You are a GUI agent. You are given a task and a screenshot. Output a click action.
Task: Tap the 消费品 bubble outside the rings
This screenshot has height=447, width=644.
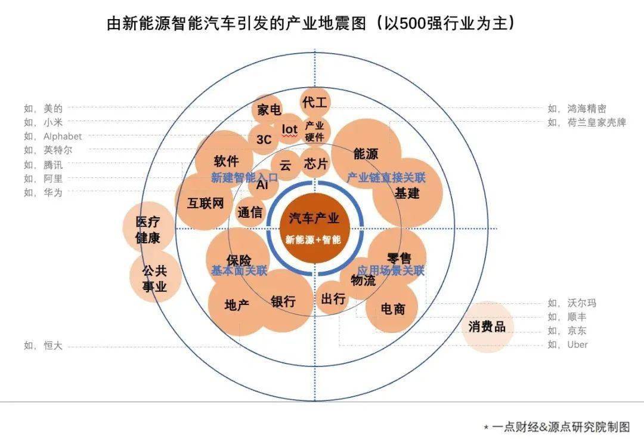click(487, 326)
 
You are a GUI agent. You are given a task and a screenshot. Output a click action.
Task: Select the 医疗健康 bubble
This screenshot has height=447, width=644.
click(148, 230)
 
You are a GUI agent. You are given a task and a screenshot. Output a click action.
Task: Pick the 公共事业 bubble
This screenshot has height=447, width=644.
click(154, 278)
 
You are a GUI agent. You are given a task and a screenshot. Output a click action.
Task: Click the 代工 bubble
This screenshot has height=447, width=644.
click(314, 102)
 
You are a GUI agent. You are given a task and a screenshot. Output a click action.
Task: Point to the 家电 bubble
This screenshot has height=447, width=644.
click(269, 110)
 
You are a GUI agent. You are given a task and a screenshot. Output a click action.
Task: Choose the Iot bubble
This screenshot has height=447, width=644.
click(289, 129)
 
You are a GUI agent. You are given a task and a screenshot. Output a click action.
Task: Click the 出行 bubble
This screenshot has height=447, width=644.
click(333, 298)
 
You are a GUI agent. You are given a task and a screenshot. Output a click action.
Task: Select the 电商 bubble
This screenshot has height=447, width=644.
click(393, 309)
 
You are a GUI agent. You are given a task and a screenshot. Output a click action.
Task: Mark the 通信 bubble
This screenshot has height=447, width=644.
click(250, 212)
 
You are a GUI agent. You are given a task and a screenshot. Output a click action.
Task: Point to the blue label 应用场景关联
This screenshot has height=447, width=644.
click(391, 270)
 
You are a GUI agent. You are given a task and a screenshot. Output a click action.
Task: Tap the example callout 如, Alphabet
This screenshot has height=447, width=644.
click(53, 136)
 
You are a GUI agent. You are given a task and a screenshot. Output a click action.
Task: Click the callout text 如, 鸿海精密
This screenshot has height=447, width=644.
click(577, 109)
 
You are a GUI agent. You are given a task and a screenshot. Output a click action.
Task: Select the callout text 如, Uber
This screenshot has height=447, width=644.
click(568, 344)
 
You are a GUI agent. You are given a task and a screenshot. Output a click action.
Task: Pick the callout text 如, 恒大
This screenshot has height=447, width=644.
click(43, 345)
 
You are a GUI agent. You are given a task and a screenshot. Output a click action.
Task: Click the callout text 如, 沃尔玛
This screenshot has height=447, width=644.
click(572, 303)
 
